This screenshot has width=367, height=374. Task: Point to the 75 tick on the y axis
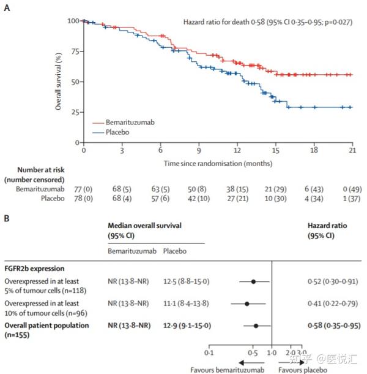[73, 52]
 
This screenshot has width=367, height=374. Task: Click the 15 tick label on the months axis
[276, 151]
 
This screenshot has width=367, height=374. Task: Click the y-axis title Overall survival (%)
[59, 82]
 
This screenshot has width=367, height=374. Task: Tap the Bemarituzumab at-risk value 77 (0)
[83, 191]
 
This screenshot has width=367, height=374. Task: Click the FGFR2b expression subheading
[35, 268]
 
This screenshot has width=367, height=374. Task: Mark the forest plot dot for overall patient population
[256, 326]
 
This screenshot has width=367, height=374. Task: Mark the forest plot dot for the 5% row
[253, 282]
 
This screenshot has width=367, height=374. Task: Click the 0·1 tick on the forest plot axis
[209, 354]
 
